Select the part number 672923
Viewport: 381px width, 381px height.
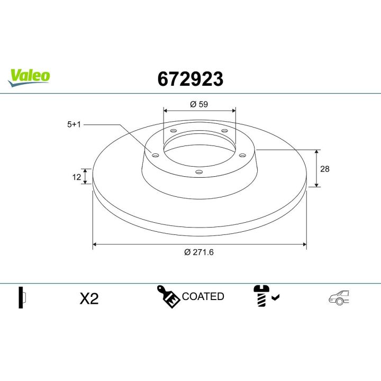[x=190, y=79]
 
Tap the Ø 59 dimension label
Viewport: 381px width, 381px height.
[x=199, y=104]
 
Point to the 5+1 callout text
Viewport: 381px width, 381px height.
[x=74, y=125]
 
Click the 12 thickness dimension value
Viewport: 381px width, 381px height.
[x=77, y=177]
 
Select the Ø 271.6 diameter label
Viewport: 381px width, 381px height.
[x=199, y=252]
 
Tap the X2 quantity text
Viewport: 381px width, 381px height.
[x=89, y=299]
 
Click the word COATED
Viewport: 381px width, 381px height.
[x=203, y=297]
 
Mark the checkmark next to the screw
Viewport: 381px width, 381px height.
[x=275, y=298]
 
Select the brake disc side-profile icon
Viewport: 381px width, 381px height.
[x=22, y=298]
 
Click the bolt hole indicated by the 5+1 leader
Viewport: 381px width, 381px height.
[x=155, y=155]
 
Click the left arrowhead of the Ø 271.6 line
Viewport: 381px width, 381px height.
[x=95, y=244]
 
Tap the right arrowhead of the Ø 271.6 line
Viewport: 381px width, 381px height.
[x=304, y=244]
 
